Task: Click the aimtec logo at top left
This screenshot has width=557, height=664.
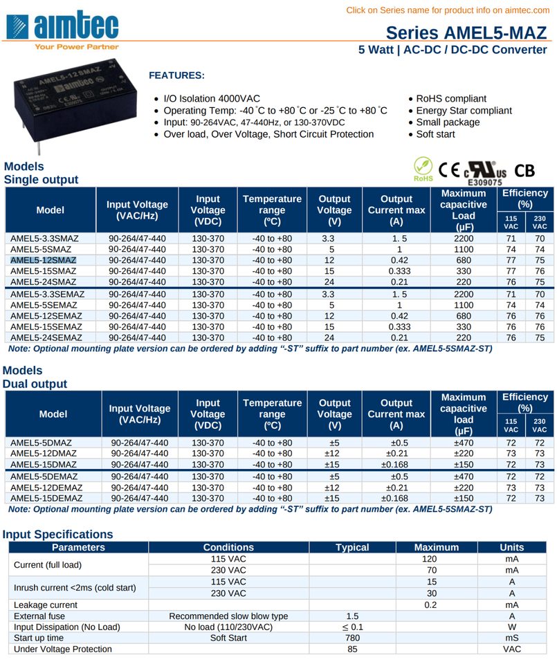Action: coord(62,26)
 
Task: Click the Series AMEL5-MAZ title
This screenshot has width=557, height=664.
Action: coord(465,33)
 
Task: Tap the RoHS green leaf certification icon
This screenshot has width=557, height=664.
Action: coord(422,168)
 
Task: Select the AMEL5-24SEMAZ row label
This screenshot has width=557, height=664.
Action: coord(47,338)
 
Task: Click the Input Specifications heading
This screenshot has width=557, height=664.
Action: coord(57,534)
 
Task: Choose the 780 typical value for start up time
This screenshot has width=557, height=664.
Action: coord(352,638)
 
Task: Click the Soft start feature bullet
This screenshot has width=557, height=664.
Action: coord(435,134)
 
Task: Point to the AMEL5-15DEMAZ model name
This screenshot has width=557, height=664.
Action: coord(47,497)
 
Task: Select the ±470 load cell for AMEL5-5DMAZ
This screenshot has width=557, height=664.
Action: coord(463,442)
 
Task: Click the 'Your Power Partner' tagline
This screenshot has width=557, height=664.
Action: coord(76,47)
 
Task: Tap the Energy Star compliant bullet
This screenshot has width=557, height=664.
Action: coord(464,111)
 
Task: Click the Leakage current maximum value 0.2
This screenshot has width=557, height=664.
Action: coord(430,605)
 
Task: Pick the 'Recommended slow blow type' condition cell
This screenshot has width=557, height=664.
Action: coord(228,616)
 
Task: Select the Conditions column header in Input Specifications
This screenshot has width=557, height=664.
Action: coord(228,547)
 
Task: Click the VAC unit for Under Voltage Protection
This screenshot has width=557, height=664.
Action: coord(511,649)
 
